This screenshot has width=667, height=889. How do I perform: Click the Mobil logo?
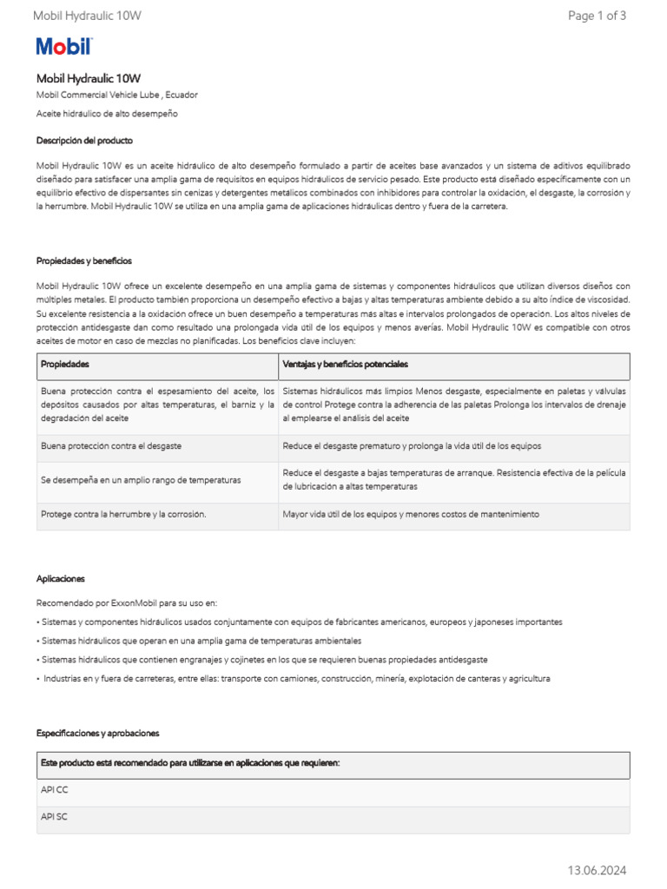(x=63, y=47)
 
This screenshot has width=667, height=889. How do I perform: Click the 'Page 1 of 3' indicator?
(x=597, y=16)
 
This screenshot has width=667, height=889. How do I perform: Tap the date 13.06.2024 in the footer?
(x=597, y=870)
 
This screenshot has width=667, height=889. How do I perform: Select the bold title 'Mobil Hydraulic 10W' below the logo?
(x=88, y=78)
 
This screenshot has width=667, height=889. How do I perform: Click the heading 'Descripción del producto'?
(x=84, y=140)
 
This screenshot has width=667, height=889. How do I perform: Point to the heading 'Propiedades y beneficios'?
(x=83, y=260)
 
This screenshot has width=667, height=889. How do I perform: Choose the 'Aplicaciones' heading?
(x=61, y=578)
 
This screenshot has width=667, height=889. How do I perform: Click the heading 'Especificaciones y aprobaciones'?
(x=97, y=733)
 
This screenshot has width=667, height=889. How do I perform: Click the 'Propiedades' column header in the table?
(x=65, y=365)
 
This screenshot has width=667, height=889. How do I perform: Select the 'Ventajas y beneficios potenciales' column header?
(x=345, y=365)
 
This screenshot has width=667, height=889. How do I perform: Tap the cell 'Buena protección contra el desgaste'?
(x=110, y=446)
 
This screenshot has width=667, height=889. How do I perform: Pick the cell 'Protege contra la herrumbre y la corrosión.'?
(x=123, y=514)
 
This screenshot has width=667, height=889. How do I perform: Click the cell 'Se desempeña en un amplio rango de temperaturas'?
(x=141, y=480)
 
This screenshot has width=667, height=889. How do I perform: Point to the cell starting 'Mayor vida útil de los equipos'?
(x=411, y=514)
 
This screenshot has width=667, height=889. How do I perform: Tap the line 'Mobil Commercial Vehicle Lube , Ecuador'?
(x=122, y=95)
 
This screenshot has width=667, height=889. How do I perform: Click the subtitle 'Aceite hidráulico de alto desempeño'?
(x=106, y=114)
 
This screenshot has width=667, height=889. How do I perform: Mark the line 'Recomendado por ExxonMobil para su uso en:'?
(x=127, y=603)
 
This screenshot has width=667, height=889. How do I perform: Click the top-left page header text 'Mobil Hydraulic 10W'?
(x=87, y=16)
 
